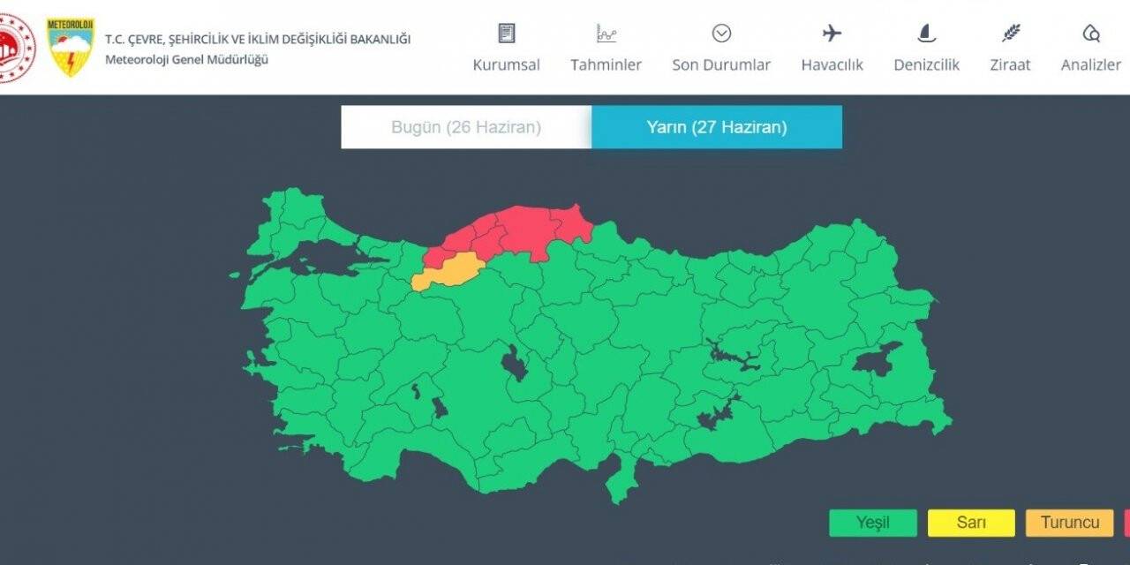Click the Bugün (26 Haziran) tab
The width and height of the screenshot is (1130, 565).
466,127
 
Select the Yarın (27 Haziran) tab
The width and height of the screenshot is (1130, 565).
717,127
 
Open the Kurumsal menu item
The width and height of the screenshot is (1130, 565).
506,64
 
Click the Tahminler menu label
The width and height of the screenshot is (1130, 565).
606,64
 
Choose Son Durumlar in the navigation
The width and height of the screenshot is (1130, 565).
721,64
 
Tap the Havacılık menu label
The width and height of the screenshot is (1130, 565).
832,64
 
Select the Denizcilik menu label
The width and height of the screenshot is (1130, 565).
926,64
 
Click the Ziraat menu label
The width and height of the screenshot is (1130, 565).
1010,64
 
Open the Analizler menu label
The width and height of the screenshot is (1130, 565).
1090,64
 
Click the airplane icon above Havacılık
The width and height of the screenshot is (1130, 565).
832,34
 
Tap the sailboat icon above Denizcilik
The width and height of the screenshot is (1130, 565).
926,34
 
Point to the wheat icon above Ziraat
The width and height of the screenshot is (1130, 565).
1011,34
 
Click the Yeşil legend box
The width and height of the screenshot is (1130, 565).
872,523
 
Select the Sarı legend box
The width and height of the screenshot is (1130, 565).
971,523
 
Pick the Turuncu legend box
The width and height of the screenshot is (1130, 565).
1069,523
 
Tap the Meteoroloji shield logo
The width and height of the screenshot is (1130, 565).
71,46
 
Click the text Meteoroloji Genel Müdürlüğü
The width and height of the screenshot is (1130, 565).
186,59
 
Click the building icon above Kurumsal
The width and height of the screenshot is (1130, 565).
506,34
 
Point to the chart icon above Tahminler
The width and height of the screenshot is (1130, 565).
606,34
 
